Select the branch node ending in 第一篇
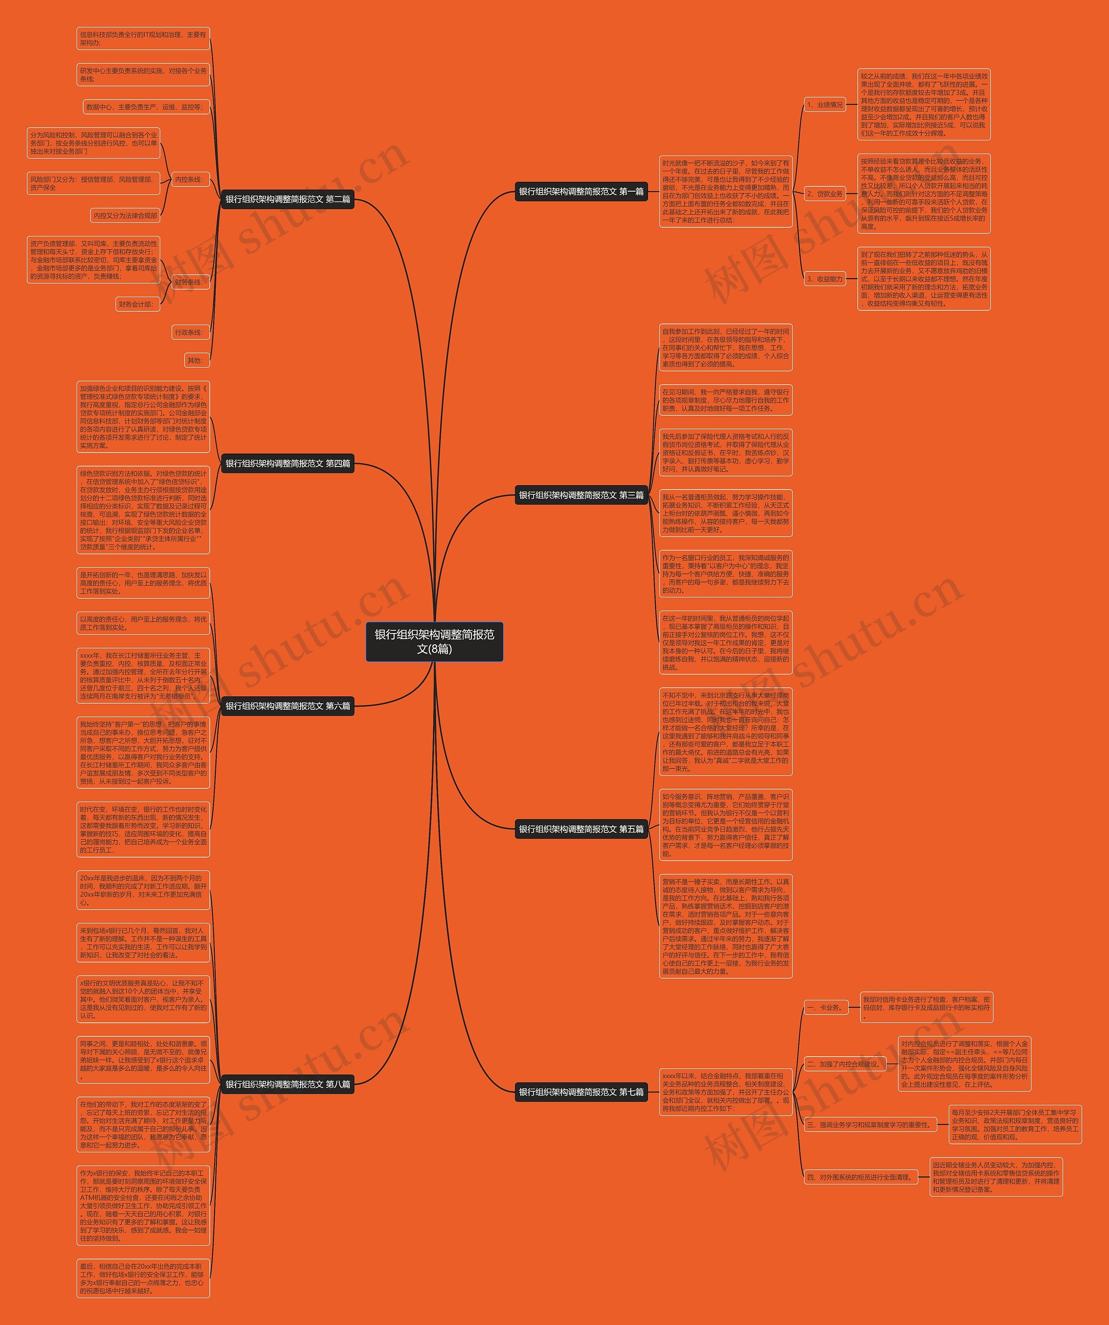point(580,192)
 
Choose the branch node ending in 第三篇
point(580,495)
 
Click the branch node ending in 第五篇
point(580,829)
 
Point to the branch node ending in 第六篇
point(288,706)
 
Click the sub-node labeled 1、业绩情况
point(824,105)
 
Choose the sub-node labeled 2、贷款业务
point(824,194)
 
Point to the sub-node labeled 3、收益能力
point(824,279)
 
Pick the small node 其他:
point(196,360)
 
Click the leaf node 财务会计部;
point(137,304)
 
